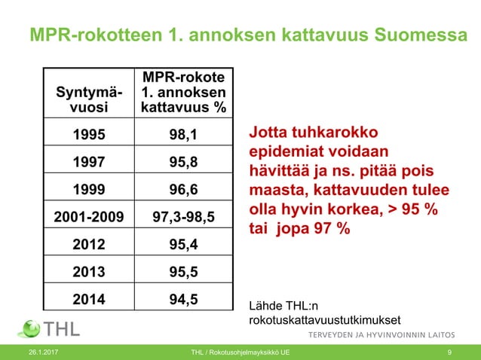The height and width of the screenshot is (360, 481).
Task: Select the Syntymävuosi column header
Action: (89, 99)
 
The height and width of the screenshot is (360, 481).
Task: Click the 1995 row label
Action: (89, 136)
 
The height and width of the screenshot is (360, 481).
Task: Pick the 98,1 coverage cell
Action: (184, 136)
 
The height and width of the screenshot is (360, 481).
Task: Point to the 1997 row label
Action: (89, 162)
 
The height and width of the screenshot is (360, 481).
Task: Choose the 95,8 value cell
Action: (184, 162)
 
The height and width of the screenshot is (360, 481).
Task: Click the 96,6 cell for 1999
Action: (184, 188)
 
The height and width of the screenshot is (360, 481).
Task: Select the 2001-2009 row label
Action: (89, 217)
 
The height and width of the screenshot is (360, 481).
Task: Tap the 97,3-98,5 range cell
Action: (184, 217)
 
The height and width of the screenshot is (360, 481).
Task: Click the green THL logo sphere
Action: (29, 329)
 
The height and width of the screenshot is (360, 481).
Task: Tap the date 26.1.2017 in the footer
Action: (43, 352)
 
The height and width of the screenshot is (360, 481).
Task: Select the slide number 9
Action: (449, 352)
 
